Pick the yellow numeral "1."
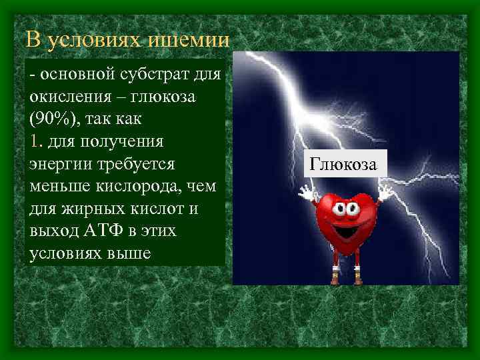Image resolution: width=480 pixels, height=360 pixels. pos(37,142)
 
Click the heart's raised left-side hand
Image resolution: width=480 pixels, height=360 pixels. pos(307,194)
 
